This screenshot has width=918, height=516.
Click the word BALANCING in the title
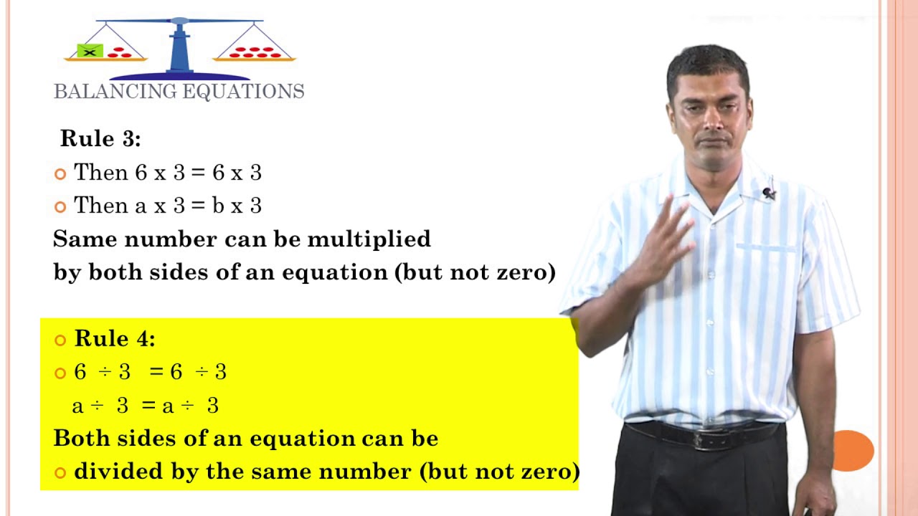115,92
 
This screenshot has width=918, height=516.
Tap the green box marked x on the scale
90,51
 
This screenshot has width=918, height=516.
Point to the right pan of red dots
255,53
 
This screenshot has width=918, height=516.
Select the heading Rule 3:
100,138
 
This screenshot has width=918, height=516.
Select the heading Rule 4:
115,338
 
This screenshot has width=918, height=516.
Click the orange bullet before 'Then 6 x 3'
60,173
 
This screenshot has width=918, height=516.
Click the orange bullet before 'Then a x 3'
60,206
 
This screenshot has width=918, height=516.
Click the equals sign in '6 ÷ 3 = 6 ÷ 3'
156,372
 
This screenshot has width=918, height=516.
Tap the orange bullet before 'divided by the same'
60,472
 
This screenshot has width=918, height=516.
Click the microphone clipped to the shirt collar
769,193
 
